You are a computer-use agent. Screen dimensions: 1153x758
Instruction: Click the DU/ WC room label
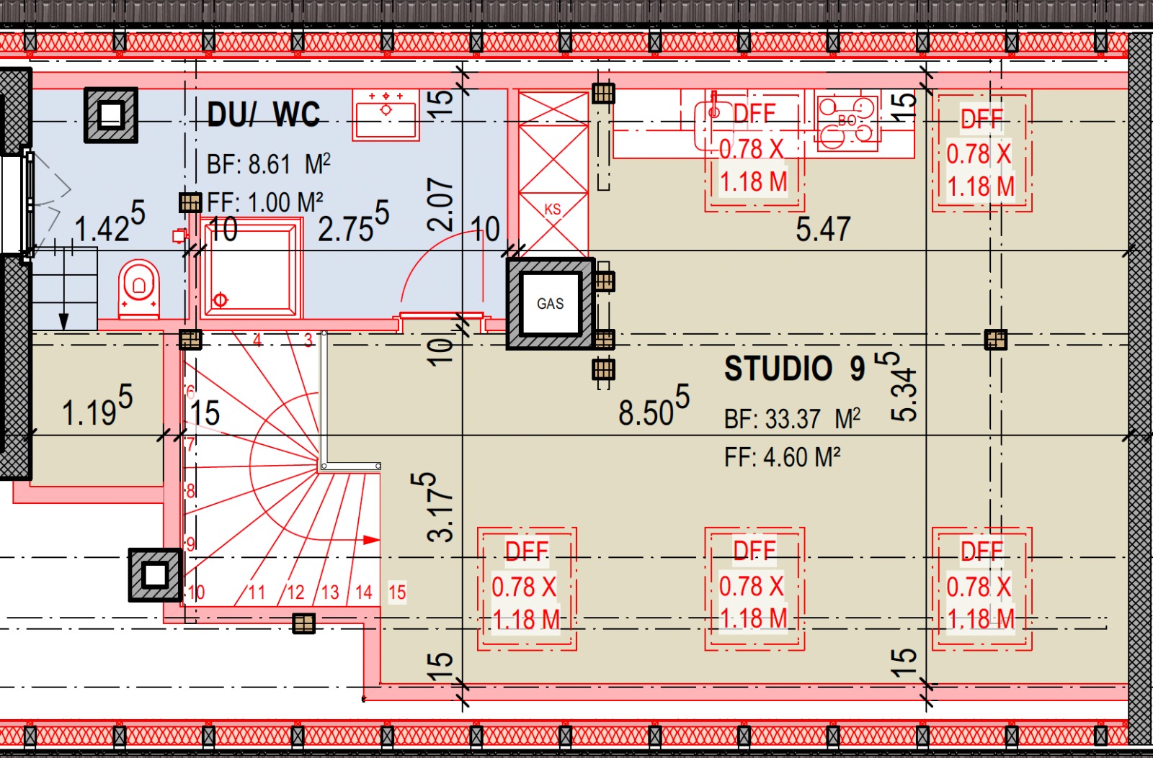point(264,114)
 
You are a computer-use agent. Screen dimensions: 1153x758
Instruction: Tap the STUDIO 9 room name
point(794,368)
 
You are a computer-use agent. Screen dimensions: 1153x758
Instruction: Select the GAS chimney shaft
point(551,304)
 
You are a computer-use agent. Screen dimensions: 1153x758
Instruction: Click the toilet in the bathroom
point(139,289)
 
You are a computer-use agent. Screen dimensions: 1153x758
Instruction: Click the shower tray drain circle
point(221,299)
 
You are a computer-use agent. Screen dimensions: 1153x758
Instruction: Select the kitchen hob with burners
point(847,123)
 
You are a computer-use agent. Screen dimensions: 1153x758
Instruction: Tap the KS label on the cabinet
point(552,209)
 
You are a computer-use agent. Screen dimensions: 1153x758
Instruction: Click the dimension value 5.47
point(822,230)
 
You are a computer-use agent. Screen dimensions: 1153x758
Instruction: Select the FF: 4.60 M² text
point(783,457)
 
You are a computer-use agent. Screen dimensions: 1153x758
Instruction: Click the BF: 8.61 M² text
point(268,165)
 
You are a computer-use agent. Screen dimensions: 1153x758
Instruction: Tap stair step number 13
point(330,592)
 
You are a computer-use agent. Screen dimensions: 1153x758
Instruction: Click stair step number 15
point(397,592)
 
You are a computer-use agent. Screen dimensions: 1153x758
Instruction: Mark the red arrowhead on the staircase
point(372,540)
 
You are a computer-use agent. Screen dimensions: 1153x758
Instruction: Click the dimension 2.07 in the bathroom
point(440,204)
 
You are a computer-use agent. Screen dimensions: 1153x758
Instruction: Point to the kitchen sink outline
point(713,126)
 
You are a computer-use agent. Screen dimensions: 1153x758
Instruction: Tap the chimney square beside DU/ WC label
point(111,114)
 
